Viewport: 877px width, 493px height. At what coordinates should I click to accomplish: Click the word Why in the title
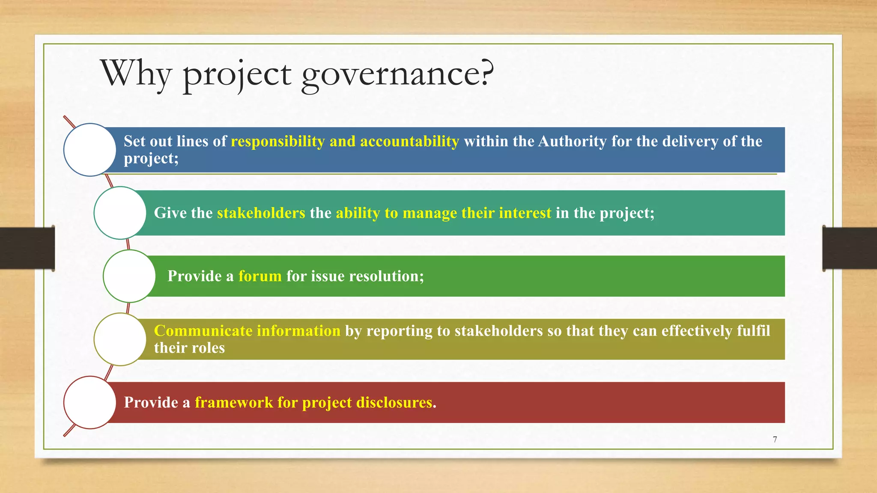136,74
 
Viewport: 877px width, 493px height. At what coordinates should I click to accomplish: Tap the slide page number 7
775,440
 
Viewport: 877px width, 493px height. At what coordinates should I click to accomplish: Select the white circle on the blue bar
90,150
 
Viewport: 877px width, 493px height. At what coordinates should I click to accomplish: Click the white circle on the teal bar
120,213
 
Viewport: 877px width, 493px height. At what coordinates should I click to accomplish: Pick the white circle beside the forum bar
129,276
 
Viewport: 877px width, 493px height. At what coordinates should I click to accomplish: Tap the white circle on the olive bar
120,339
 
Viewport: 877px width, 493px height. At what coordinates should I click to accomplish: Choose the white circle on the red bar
90,402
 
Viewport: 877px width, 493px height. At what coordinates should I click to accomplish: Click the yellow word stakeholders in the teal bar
261,213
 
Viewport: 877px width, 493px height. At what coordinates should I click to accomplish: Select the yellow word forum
260,276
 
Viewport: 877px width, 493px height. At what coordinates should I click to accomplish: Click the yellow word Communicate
203,331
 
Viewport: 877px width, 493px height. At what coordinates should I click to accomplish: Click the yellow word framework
233,402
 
